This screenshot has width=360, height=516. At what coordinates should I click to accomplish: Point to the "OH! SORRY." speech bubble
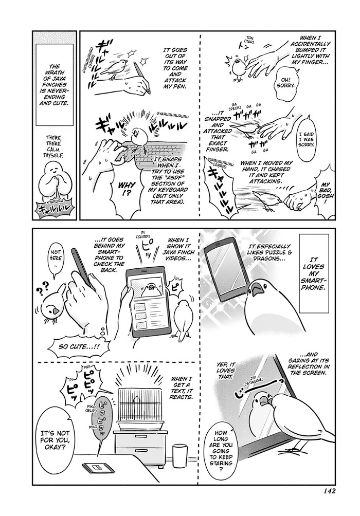(x=286, y=85)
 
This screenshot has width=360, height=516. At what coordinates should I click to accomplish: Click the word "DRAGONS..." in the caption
(x=269, y=258)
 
